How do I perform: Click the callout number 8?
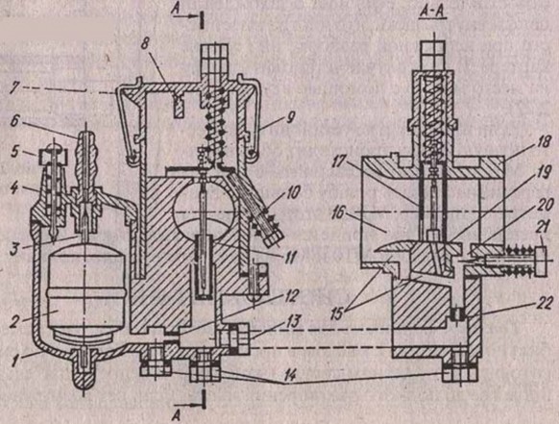tap(145, 44)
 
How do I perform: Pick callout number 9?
tap(290, 118)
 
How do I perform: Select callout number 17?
tap(339, 162)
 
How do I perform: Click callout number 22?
tap(544, 304)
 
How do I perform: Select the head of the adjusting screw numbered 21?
tap(540, 262)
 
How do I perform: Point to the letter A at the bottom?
tap(177, 415)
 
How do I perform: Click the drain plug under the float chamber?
tap(85, 371)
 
